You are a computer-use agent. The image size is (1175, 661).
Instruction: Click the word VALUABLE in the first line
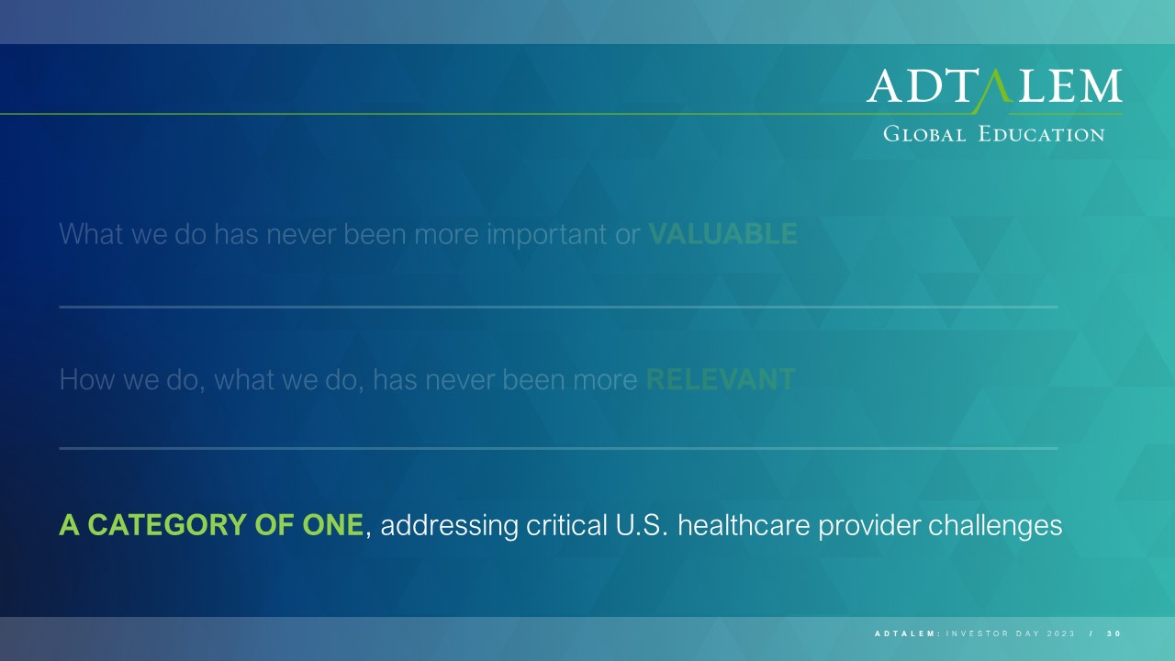tap(722, 234)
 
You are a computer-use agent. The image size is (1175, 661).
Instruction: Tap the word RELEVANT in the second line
tap(721, 379)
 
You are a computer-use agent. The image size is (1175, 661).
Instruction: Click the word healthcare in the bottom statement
tap(744, 525)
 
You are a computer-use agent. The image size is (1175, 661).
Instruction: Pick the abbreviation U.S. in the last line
tap(642, 525)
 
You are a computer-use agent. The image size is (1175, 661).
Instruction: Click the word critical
tap(566, 525)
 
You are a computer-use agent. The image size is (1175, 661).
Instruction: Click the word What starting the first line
tap(91, 234)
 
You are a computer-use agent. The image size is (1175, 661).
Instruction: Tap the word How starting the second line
tap(87, 379)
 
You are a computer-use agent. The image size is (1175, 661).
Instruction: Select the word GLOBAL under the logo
tap(924, 134)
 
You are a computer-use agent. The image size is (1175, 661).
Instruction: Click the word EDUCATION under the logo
tap(1041, 134)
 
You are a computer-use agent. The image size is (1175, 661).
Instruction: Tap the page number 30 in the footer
tap(1114, 633)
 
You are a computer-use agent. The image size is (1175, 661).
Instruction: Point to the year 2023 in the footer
tap(1060, 633)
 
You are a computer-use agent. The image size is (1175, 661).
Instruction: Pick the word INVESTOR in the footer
tap(978, 633)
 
